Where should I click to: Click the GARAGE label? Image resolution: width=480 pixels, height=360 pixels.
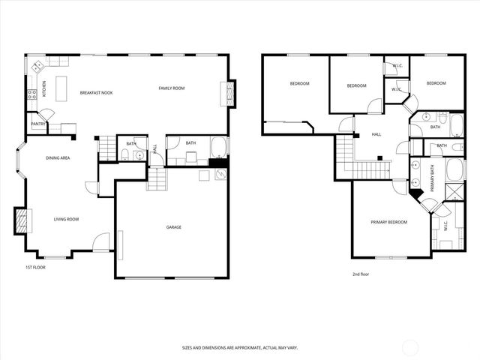[174, 227]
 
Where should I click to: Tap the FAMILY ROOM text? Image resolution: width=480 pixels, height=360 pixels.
[171, 88]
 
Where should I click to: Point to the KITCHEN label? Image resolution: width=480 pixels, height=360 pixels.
[44, 88]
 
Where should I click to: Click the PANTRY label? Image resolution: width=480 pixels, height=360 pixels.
[37, 124]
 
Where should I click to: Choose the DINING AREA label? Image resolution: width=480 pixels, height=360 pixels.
[58, 158]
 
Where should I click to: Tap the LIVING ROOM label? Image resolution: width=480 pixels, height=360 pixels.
[66, 219]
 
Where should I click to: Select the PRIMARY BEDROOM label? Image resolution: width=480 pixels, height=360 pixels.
[389, 222]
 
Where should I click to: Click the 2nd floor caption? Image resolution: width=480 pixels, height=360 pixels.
[361, 274]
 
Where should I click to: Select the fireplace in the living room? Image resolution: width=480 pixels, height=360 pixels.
[22, 220]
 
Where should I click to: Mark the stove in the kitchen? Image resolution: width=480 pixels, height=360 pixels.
[31, 94]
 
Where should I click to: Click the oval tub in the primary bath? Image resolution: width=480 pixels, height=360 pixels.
[455, 169]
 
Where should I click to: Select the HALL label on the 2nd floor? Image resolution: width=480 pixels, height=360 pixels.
[376, 135]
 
